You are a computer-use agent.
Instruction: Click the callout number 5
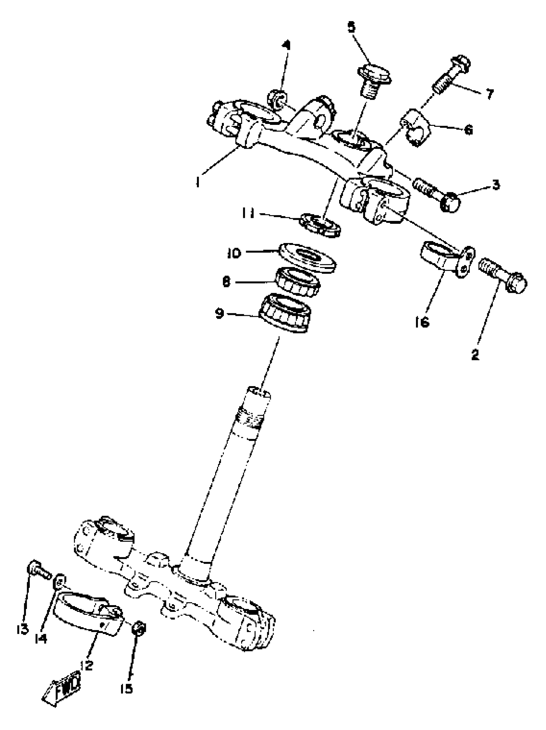coord(352,27)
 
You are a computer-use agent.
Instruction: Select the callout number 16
coord(422,322)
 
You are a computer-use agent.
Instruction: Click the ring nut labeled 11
coord(320,225)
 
